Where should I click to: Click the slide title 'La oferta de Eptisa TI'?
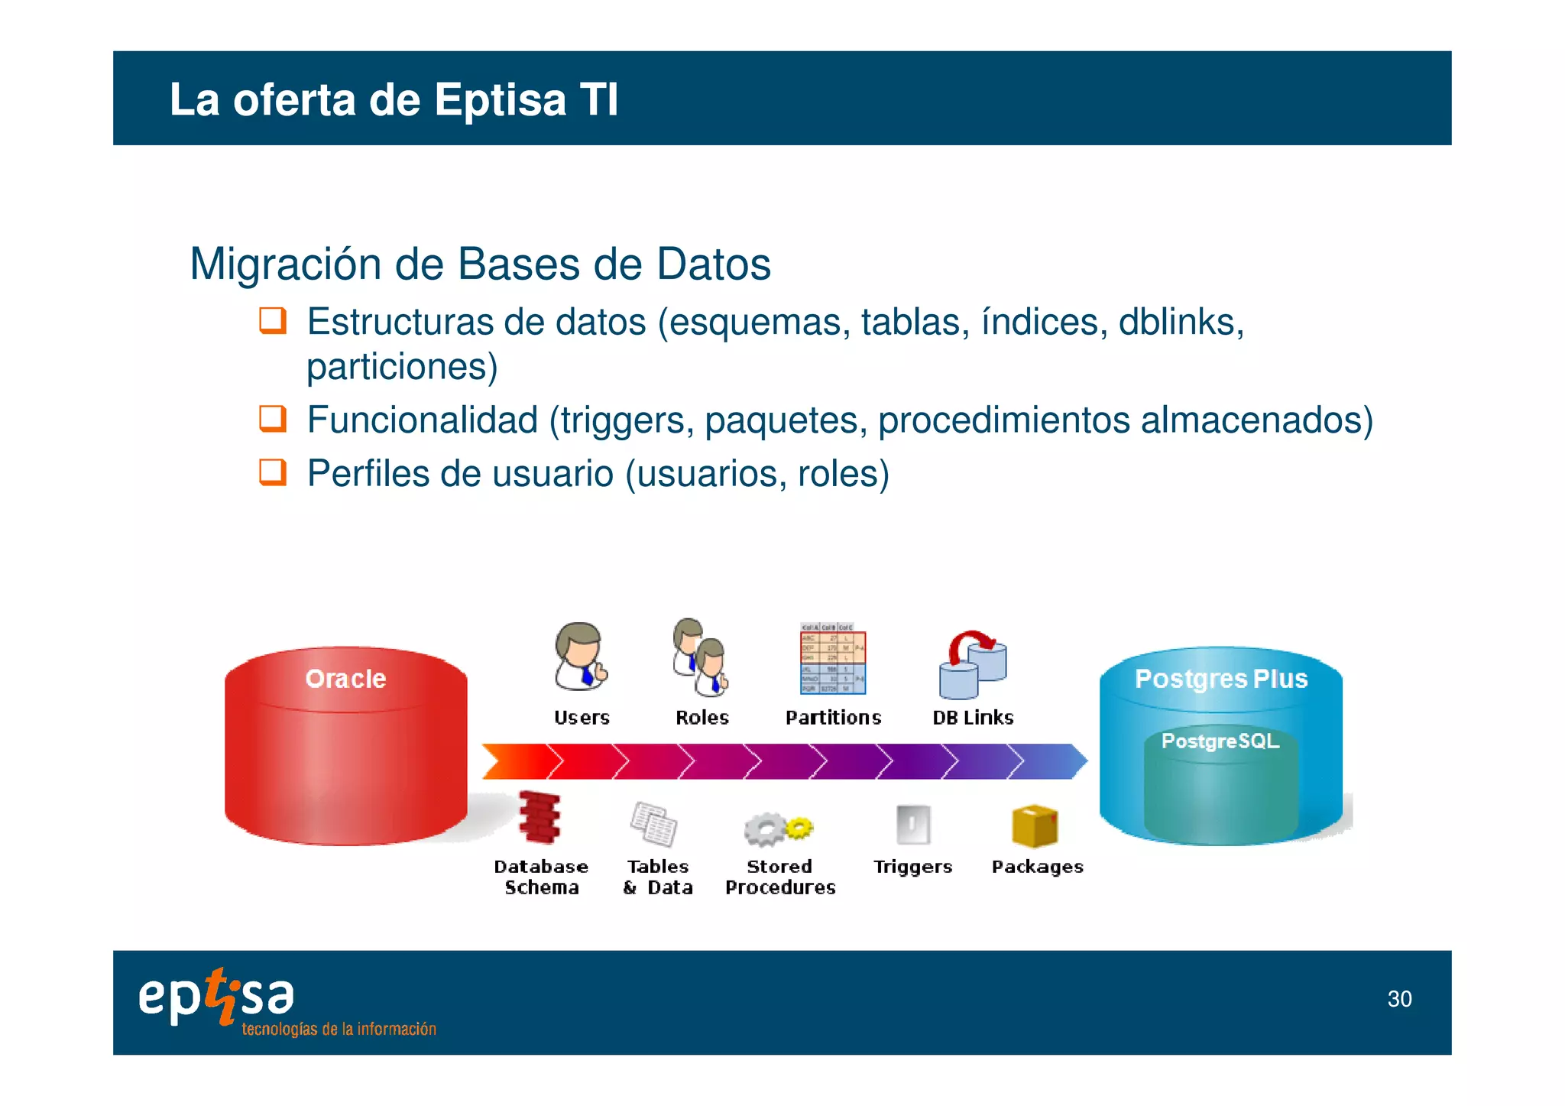point(394,99)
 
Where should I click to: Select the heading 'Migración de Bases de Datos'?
point(480,264)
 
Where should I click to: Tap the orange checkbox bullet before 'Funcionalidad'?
point(273,419)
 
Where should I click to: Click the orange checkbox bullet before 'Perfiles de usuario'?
point(273,472)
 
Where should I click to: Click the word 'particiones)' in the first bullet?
point(402,367)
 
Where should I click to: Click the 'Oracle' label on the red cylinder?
point(345,679)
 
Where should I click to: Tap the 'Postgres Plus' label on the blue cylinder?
point(1220,679)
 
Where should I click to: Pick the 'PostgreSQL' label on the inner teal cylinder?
point(1220,741)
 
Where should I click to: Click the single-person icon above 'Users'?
point(581,657)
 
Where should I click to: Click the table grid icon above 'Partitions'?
point(833,659)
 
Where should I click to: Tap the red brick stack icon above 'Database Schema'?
point(539,817)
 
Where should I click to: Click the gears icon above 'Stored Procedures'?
point(777,829)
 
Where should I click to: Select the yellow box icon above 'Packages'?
point(1035,826)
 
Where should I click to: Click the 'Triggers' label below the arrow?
point(912,867)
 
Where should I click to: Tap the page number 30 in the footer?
point(1399,999)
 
